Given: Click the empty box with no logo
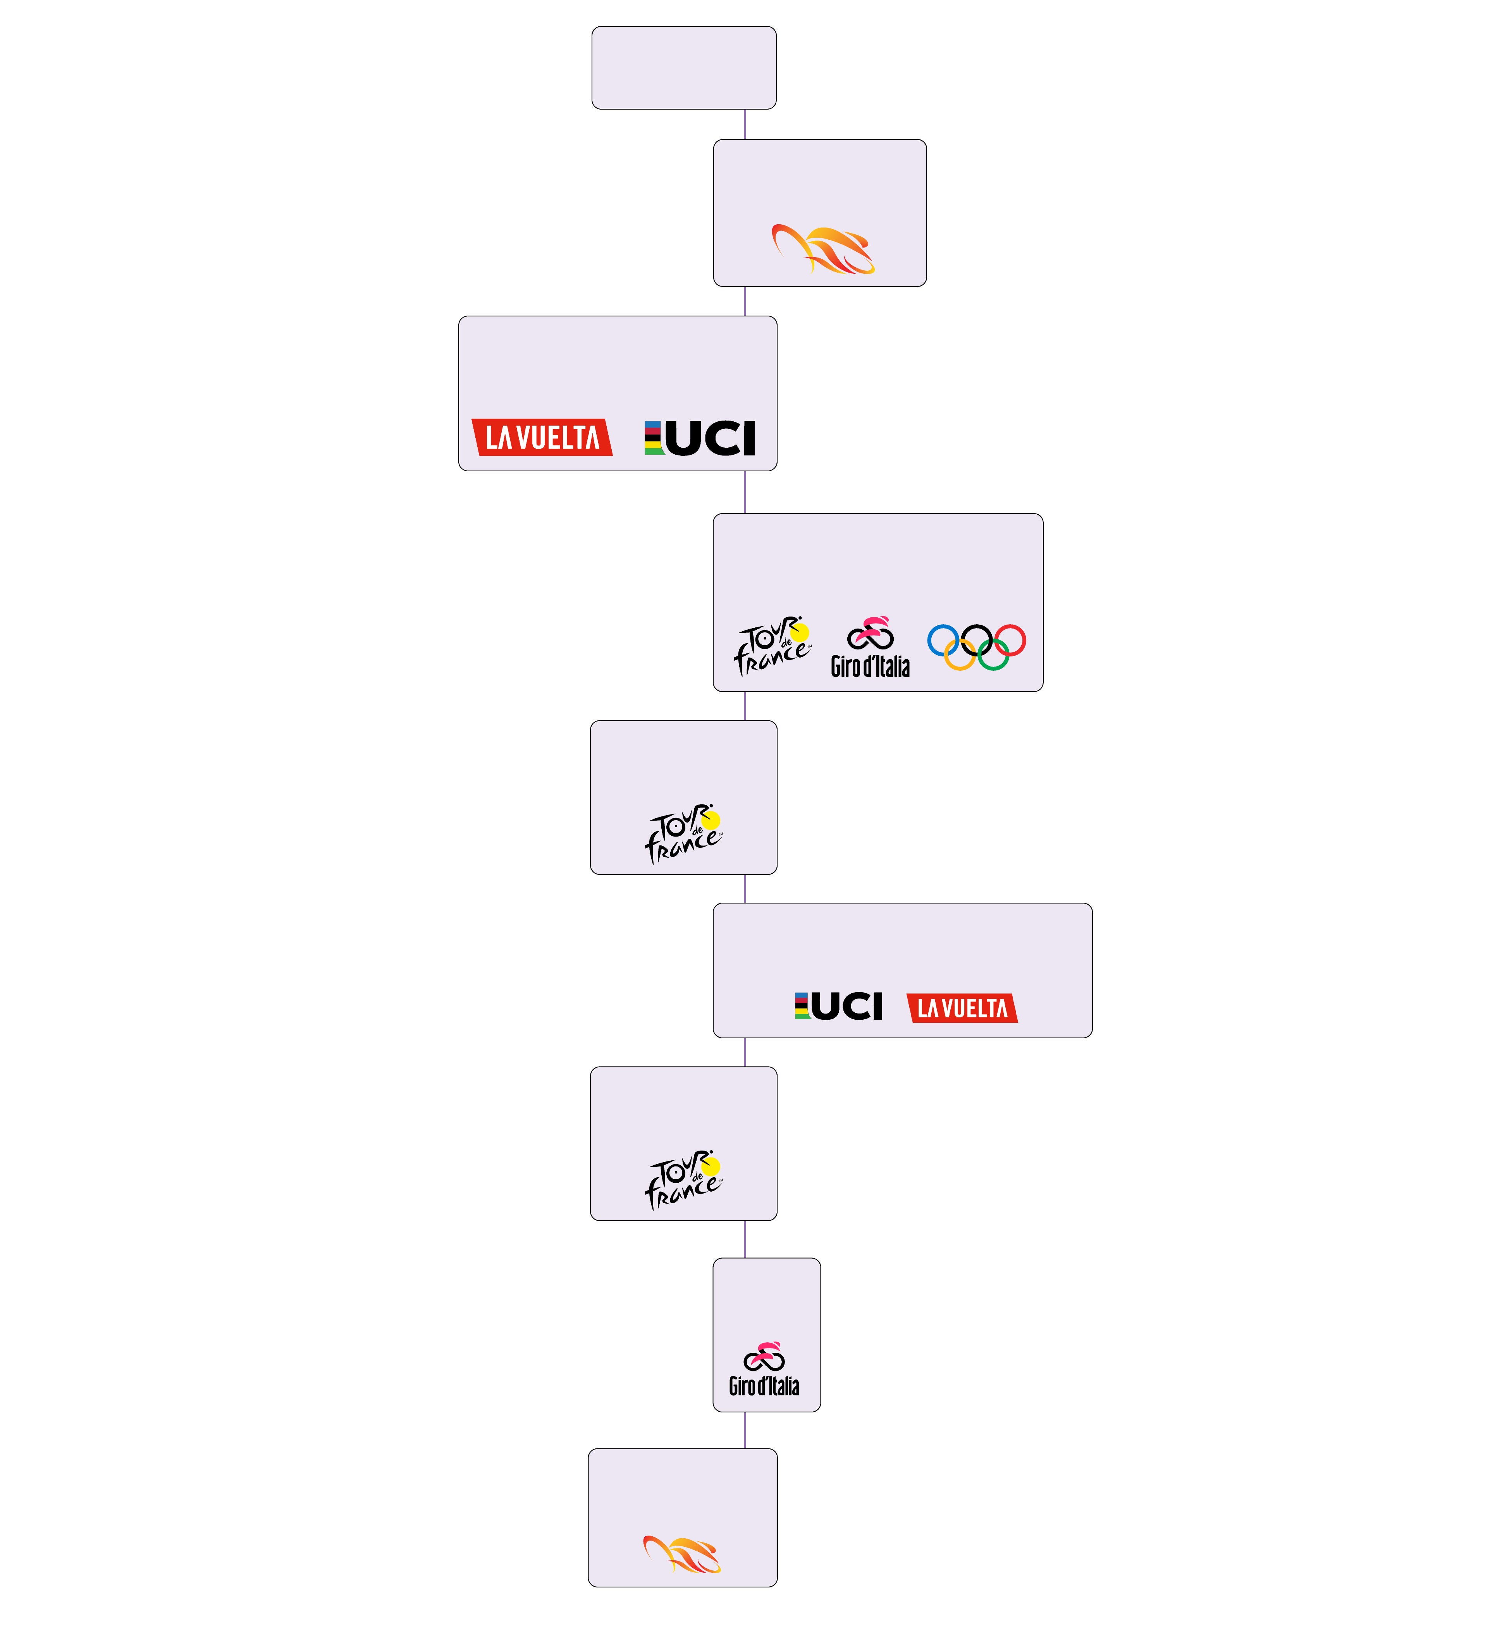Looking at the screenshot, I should (x=684, y=68).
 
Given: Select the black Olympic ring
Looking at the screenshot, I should (x=976, y=641).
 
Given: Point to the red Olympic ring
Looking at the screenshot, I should (x=1010, y=641).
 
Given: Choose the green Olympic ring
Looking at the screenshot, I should (x=993, y=655).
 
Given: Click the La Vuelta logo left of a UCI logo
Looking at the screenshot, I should (x=542, y=438).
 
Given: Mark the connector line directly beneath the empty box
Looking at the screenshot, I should (x=745, y=124).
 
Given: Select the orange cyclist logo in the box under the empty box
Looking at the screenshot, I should (x=822, y=250).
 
